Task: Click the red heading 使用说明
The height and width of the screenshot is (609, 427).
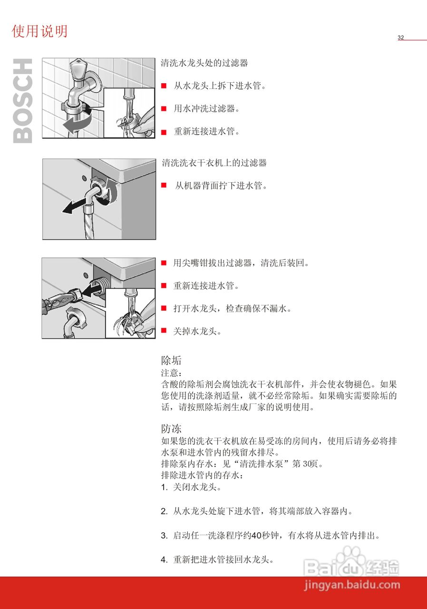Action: (39, 31)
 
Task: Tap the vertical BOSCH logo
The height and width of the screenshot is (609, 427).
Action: (22, 101)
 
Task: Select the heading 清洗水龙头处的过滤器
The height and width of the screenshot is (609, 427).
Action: (204, 63)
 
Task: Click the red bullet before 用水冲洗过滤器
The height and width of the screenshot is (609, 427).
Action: (164, 109)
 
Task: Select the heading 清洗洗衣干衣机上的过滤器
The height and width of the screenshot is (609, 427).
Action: (214, 163)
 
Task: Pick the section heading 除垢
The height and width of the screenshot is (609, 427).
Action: (171, 360)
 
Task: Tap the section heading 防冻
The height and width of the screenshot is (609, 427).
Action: (171, 429)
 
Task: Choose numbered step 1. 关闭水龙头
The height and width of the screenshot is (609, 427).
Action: (190, 488)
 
